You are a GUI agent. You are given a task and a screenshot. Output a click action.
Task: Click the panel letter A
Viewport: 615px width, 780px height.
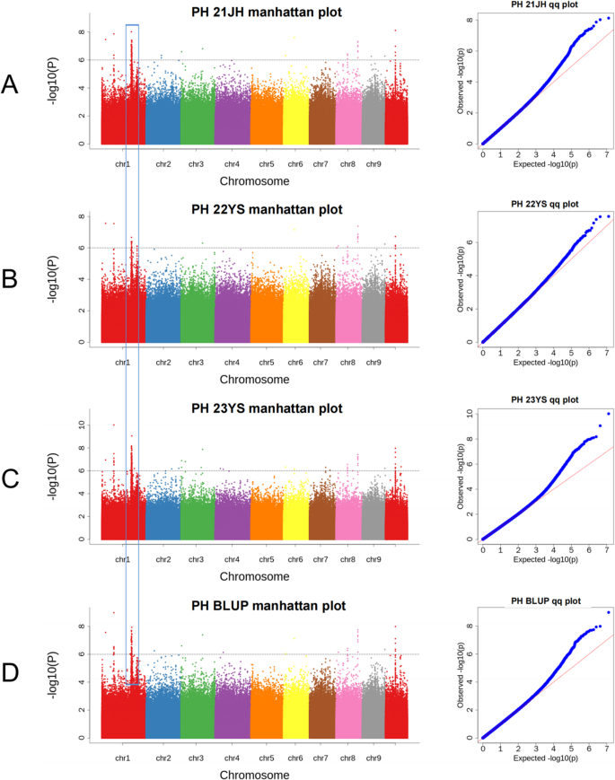(x=10, y=84)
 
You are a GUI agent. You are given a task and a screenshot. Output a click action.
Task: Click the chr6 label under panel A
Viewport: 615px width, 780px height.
(x=295, y=164)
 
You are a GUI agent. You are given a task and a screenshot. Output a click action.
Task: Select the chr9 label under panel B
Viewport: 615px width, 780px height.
(x=374, y=363)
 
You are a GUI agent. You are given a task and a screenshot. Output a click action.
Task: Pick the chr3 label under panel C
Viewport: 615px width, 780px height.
(x=196, y=561)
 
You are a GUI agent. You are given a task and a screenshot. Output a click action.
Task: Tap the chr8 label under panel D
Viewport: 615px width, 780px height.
(x=347, y=759)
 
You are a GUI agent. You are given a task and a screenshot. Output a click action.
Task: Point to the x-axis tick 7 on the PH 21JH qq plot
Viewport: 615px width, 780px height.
(x=608, y=153)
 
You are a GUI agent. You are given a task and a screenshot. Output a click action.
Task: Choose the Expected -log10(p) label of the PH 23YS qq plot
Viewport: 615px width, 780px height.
(x=545, y=559)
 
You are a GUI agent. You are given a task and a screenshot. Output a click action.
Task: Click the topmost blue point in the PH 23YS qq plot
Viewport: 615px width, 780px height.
(x=608, y=414)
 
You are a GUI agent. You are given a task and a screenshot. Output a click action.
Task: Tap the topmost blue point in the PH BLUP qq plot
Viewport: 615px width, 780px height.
(x=608, y=612)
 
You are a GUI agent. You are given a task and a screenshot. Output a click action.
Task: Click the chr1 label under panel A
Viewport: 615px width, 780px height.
(x=122, y=164)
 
